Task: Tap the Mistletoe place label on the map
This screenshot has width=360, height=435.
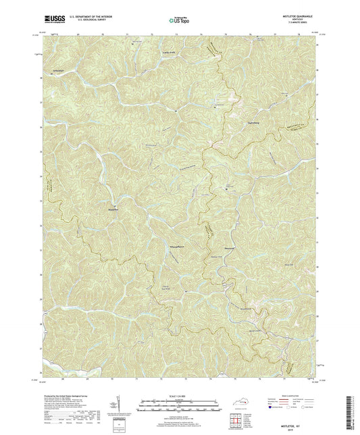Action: coord(115,209)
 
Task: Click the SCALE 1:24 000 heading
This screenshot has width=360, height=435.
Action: coord(180,395)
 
